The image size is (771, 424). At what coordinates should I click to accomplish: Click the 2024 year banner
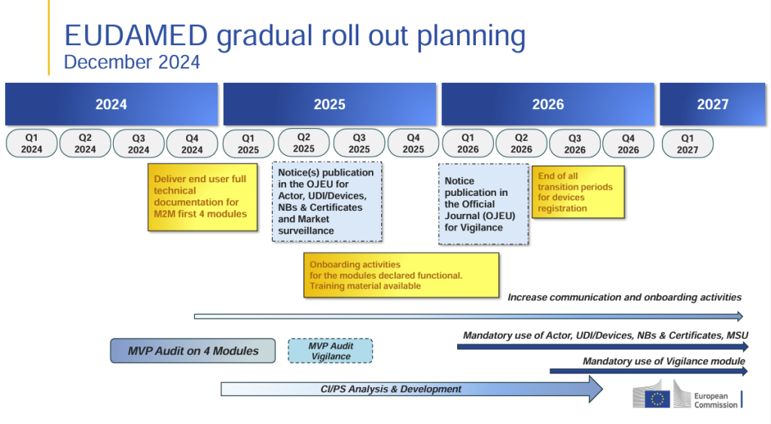[111, 105]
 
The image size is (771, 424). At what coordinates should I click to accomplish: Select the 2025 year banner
[329, 105]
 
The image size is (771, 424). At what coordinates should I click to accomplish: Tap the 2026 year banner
[547, 105]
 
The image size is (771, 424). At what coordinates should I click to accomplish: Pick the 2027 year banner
[712, 105]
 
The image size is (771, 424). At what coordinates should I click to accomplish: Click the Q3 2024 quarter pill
[139, 144]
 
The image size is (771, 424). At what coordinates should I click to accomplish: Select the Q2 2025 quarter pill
[303, 143]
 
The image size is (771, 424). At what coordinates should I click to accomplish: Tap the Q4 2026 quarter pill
[628, 144]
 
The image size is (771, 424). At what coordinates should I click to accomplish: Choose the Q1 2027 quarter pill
[687, 144]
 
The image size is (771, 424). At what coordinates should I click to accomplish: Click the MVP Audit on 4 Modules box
[192, 351]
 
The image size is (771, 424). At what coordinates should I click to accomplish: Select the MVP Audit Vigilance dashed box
[331, 351]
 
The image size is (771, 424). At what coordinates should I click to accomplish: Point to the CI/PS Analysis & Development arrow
[411, 389]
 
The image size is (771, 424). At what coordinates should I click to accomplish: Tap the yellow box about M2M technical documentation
[200, 197]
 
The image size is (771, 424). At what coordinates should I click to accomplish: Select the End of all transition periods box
[577, 192]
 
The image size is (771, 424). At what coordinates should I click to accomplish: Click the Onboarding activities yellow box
[403, 275]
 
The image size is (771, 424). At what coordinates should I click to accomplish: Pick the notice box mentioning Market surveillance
[326, 202]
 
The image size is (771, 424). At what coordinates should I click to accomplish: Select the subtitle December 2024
[132, 63]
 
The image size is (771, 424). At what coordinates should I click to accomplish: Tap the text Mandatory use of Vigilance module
[663, 361]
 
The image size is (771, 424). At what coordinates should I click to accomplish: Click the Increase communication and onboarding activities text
[624, 297]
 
